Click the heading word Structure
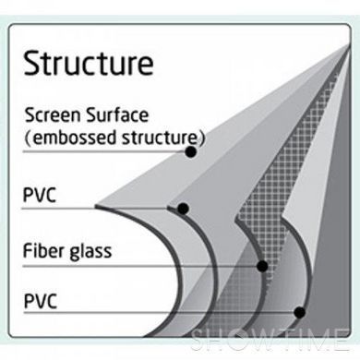(x=89, y=64)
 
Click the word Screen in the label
(x=53, y=115)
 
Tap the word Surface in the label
(x=117, y=115)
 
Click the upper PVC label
(x=40, y=195)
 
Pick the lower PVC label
(x=41, y=301)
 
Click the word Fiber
(x=43, y=250)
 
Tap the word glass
(x=90, y=252)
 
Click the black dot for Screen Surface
(x=191, y=151)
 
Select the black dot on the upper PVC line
(x=183, y=209)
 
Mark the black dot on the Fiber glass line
(x=262, y=266)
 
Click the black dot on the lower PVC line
(x=299, y=313)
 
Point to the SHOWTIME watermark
(x=270, y=340)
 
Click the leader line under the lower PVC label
(x=159, y=313)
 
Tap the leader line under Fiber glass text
(x=140, y=267)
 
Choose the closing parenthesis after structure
(x=202, y=138)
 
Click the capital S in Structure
(x=32, y=64)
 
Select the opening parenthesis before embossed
(x=28, y=138)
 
